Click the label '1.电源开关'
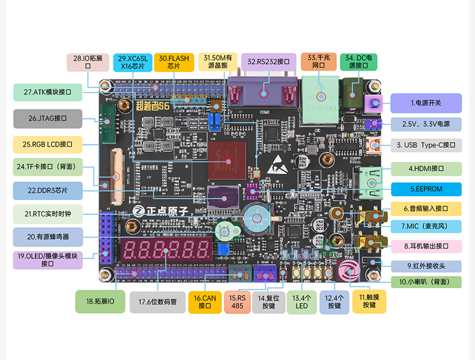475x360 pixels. pos(426,103)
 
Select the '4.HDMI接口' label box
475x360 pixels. pos(426,169)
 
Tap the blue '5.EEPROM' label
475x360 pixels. pos(426,189)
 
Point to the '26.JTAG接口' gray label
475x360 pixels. pos(47,118)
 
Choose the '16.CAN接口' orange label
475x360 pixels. pos(205,301)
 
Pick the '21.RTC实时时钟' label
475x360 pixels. pos(47,213)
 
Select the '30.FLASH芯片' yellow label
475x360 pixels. pos(173,62)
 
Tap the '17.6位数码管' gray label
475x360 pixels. pos(158,302)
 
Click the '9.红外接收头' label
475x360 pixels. pos(426,266)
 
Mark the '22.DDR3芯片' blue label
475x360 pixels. pos(47,191)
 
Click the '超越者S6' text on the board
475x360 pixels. pos(153,106)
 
